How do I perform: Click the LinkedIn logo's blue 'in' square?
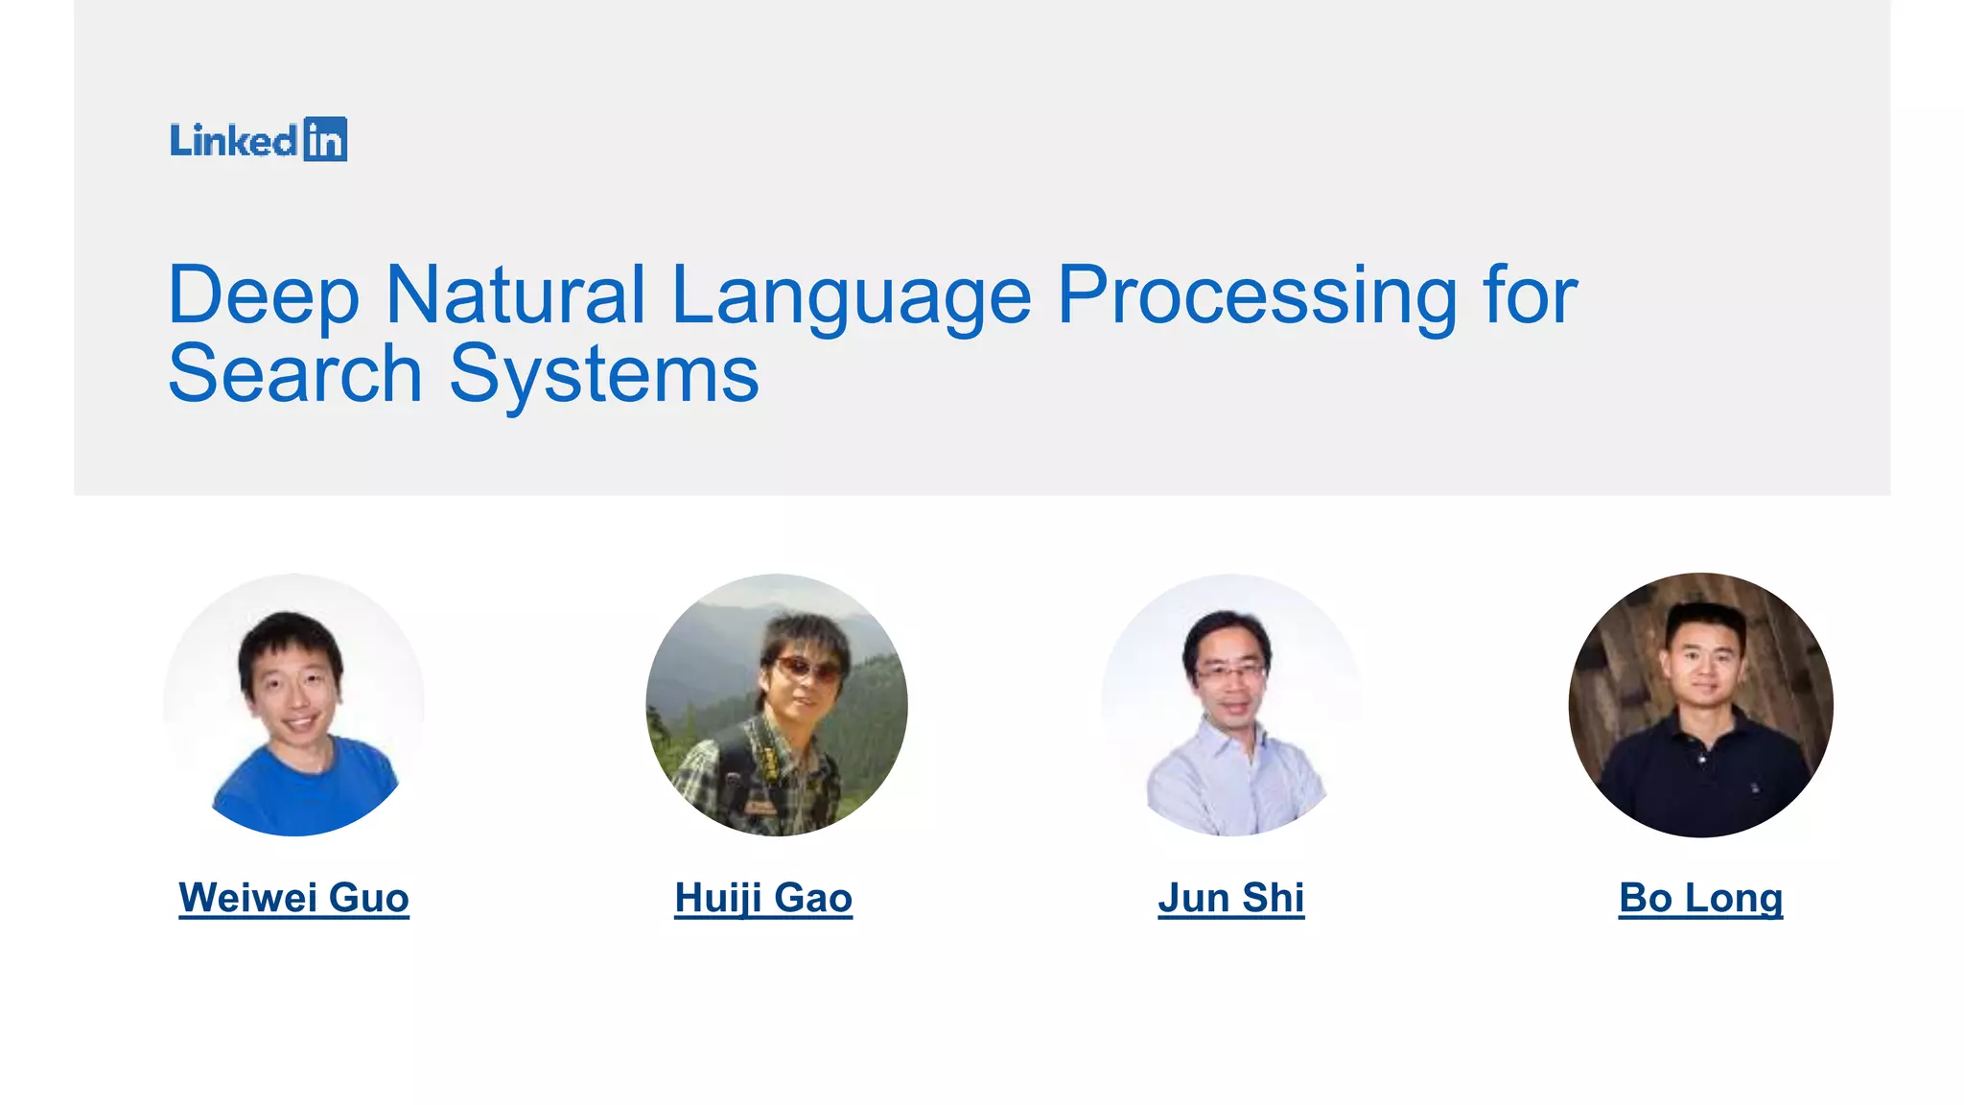click(325, 140)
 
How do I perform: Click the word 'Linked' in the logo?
click(234, 141)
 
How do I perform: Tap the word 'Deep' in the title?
click(264, 295)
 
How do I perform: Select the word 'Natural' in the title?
click(515, 295)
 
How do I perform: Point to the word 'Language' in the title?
click(851, 295)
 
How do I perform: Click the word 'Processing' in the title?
click(1257, 295)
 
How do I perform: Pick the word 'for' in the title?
click(1530, 295)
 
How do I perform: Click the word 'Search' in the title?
click(295, 374)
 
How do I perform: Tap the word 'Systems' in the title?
click(604, 374)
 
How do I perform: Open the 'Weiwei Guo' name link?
click(293, 898)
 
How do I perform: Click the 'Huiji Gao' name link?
click(763, 898)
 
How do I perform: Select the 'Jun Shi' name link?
click(1230, 898)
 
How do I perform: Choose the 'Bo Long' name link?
click(1700, 898)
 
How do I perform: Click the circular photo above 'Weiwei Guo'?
click(293, 705)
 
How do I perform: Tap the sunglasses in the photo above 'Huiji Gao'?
click(808, 669)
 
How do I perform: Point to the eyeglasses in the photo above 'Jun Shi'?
click(1230, 671)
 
